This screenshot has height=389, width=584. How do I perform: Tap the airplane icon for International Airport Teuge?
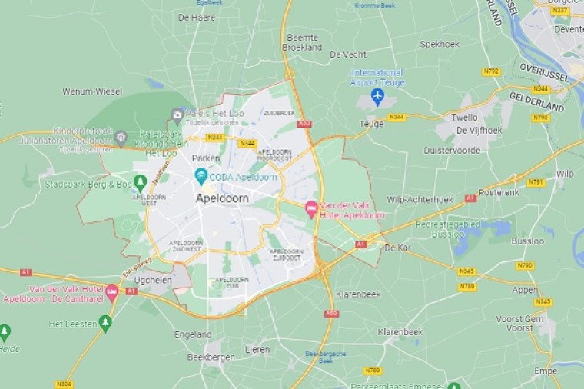click(x=377, y=96)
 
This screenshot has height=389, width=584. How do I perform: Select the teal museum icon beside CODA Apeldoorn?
click(x=201, y=176)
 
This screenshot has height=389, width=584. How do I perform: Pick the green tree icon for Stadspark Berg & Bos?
click(x=140, y=182)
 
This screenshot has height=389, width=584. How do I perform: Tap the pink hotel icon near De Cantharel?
click(x=112, y=292)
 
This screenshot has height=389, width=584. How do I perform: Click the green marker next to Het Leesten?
click(x=105, y=323)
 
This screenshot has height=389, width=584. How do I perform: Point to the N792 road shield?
click(x=491, y=71)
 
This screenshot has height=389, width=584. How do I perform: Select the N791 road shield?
click(x=536, y=182)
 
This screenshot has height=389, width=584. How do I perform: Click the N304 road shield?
click(x=65, y=383)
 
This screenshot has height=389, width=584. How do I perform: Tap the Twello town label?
click(x=464, y=118)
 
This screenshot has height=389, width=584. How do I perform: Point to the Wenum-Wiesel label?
click(x=92, y=91)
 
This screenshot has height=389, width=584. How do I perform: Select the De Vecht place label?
click(x=347, y=55)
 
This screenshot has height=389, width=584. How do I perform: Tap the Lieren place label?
click(x=257, y=349)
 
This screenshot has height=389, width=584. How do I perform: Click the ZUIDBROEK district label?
click(x=279, y=112)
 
